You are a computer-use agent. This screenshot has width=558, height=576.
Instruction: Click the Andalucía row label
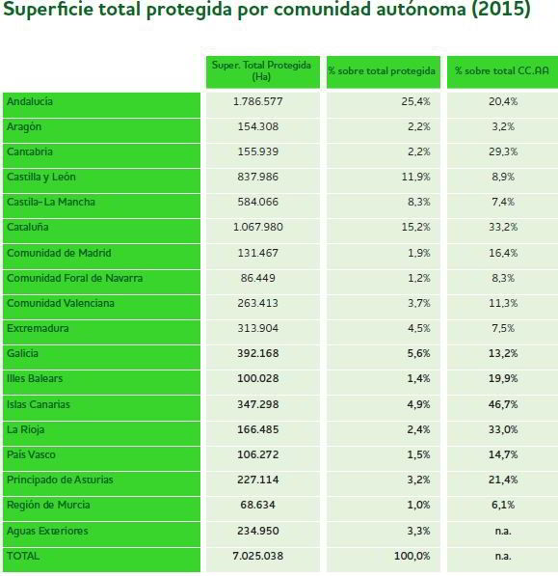pyautogui.click(x=30, y=101)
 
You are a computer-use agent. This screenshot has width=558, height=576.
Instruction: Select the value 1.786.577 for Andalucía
pyautogui.click(x=258, y=101)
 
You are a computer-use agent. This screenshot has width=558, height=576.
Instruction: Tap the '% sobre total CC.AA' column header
pyautogui.click(x=502, y=70)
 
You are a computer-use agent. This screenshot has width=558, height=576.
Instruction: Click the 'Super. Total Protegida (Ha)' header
pyautogui.click(x=261, y=70)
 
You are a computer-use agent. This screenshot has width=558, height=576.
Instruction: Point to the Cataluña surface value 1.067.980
pyautogui.click(x=258, y=227)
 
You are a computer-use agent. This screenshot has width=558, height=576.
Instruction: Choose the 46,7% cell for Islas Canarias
pyautogui.click(x=503, y=404)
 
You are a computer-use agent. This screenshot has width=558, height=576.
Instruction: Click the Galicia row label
pyautogui.click(x=22, y=353)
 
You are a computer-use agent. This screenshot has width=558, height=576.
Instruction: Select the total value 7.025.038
pyautogui.click(x=258, y=556)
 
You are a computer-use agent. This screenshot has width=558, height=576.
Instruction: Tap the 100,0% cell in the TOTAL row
pyautogui.click(x=412, y=556)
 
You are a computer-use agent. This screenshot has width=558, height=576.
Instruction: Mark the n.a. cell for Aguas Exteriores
pyautogui.click(x=503, y=531)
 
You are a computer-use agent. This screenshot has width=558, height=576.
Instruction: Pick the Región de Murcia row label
pyautogui.click(x=48, y=506)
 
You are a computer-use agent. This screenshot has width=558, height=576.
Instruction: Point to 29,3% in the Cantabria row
pyautogui.click(x=503, y=151)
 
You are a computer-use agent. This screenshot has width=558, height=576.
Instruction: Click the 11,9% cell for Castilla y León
pyautogui.click(x=415, y=177)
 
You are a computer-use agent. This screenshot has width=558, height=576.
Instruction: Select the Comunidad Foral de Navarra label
pyautogui.click(x=75, y=278)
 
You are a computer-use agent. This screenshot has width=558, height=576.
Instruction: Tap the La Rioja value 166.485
pyautogui.click(x=258, y=429)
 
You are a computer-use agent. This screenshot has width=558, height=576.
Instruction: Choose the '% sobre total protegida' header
pyautogui.click(x=382, y=70)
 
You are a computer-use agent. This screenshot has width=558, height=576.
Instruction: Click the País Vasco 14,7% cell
pyautogui.click(x=503, y=454)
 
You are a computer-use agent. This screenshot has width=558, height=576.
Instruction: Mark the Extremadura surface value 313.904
pyautogui.click(x=258, y=328)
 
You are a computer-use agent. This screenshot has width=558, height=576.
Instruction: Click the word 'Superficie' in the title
pyautogui.click(x=48, y=9)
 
